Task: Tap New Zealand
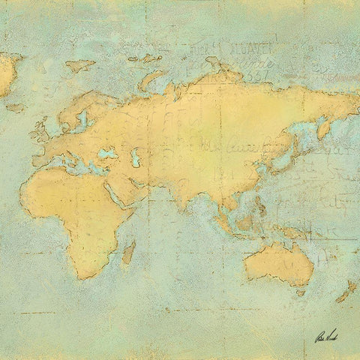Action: pos(347,289)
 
